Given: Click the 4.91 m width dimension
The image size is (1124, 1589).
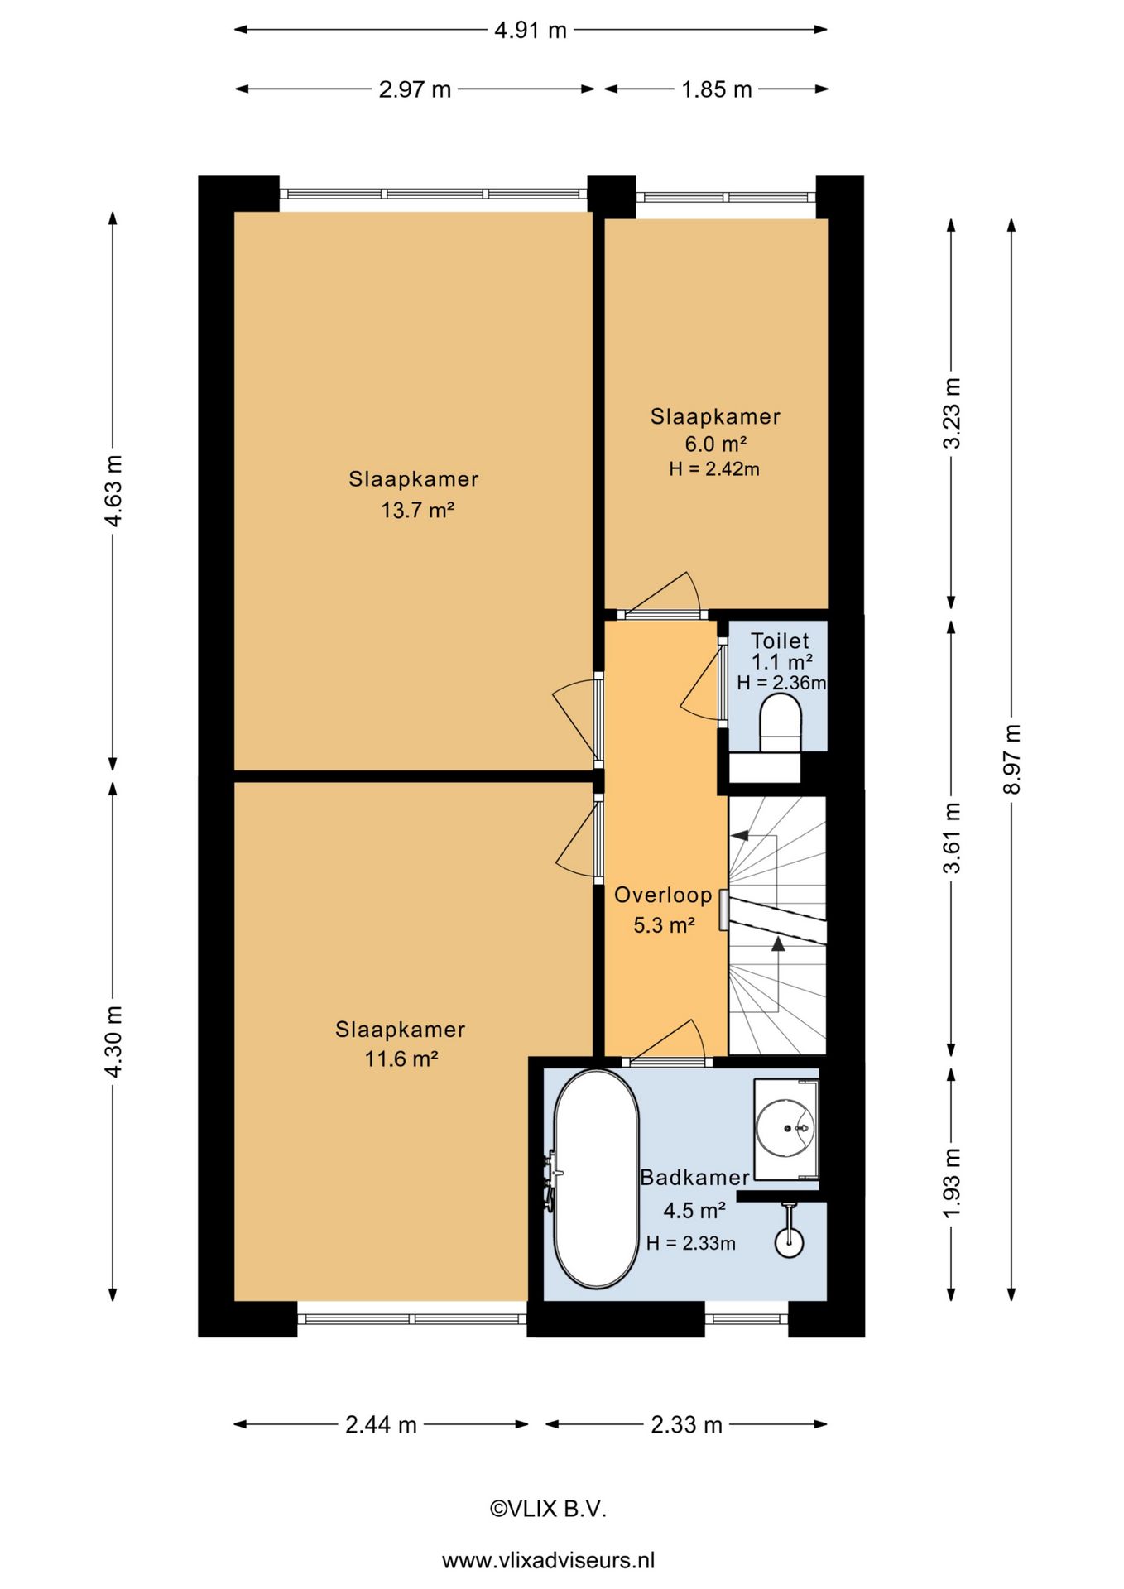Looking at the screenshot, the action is coord(531,31).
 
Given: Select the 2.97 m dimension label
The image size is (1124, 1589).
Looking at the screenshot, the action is coord(415,89).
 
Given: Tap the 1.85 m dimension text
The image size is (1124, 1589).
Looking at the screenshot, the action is coord(717,89).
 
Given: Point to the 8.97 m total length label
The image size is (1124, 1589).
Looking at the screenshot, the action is coord(1011,759).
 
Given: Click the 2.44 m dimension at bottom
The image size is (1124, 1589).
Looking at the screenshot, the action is coord(381,1425).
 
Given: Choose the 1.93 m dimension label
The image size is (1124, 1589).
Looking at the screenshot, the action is coord(952,1183).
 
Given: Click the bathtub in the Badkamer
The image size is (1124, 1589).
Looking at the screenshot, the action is coord(595,1179).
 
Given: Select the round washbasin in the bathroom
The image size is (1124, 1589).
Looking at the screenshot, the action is coord(785,1127).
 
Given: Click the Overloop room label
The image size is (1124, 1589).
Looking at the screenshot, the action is coord(663,895).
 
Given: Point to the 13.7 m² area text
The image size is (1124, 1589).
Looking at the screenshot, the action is coord(417,510).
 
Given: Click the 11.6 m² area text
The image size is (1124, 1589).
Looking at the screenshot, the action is coord(401,1059).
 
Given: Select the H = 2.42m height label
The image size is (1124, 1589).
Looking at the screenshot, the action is coord(714,469).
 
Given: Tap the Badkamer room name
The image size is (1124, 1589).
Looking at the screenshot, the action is coord(694,1177).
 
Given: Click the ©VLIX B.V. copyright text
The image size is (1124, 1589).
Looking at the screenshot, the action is coord(548,1509).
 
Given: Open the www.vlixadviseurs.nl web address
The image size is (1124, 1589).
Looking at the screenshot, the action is coord(548,1561).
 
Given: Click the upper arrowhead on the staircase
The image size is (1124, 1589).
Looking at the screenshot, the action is coord(739,836).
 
